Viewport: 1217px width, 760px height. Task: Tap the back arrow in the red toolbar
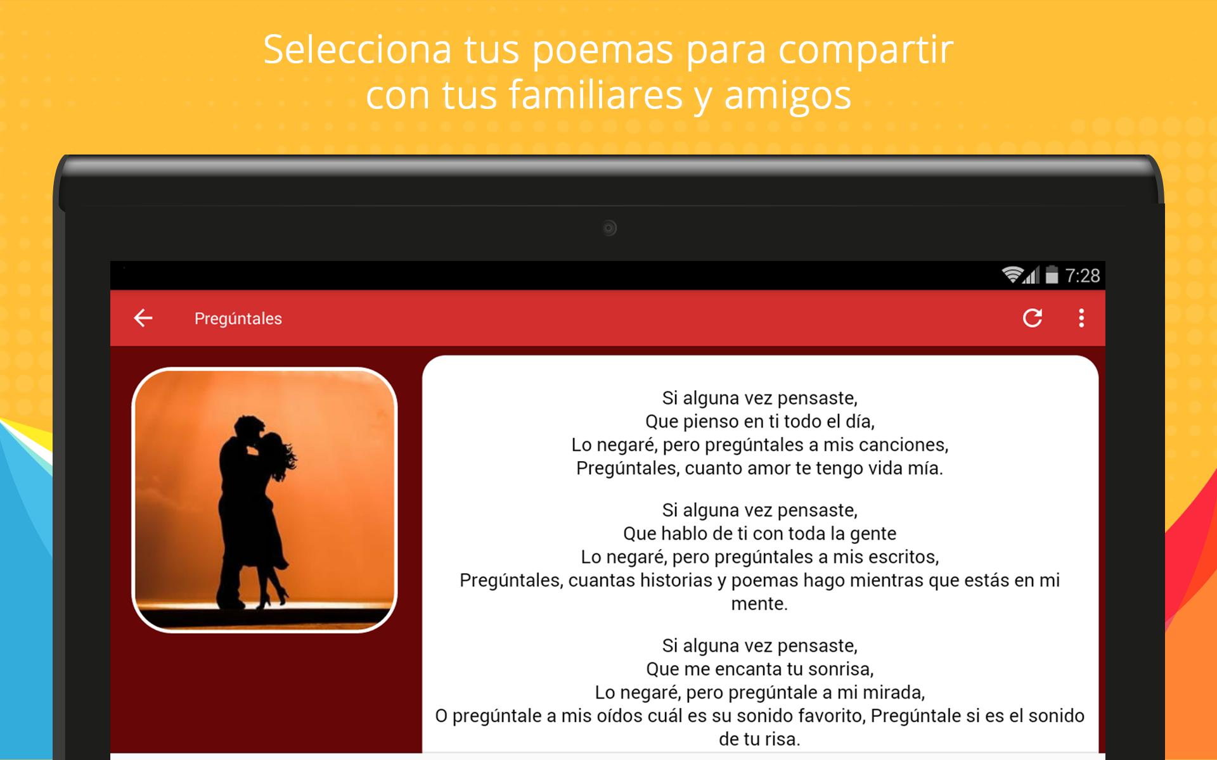[x=143, y=318]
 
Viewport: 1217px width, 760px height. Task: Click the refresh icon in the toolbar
[x=1033, y=318]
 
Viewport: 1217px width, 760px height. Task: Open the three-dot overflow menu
[x=1081, y=318]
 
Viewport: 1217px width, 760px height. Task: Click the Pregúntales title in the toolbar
[x=238, y=319]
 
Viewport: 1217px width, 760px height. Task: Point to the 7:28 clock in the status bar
[x=1083, y=275]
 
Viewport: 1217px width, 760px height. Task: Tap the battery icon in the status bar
[x=1052, y=275]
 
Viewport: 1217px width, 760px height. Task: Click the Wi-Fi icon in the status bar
[x=1012, y=274]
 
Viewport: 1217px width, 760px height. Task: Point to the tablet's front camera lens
[x=609, y=228]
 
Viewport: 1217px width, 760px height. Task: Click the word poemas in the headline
[x=603, y=50]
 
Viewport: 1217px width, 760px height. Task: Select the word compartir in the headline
[x=866, y=50]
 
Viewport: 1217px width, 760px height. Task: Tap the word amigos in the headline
[x=788, y=96]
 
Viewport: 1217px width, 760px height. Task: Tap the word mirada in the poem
[x=893, y=693]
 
